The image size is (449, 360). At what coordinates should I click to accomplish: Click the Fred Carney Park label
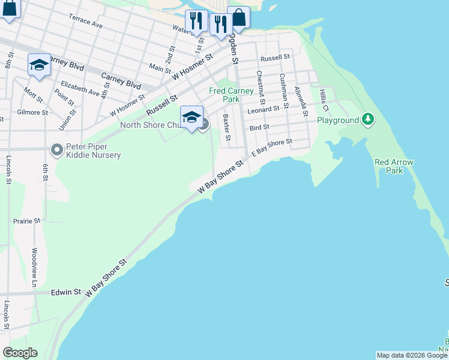tap(231, 95)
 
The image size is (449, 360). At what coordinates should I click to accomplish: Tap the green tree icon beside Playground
tap(369, 120)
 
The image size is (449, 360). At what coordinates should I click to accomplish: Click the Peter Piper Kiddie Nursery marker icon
tap(57, 149)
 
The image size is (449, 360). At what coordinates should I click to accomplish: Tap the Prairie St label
tap(26, 221)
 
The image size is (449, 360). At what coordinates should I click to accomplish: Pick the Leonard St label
tap(265, 109)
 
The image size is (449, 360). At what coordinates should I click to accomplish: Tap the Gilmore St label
tap(32, 112)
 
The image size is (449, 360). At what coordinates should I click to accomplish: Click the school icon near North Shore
tap(191, 117)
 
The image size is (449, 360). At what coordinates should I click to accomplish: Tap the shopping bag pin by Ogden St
tap(238, 17)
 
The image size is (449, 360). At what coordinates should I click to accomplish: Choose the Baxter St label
tap(226, 128)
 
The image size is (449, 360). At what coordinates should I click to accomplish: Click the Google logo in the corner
tap(20, 353)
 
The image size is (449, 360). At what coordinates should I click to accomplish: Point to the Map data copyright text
tap(412, 355)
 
